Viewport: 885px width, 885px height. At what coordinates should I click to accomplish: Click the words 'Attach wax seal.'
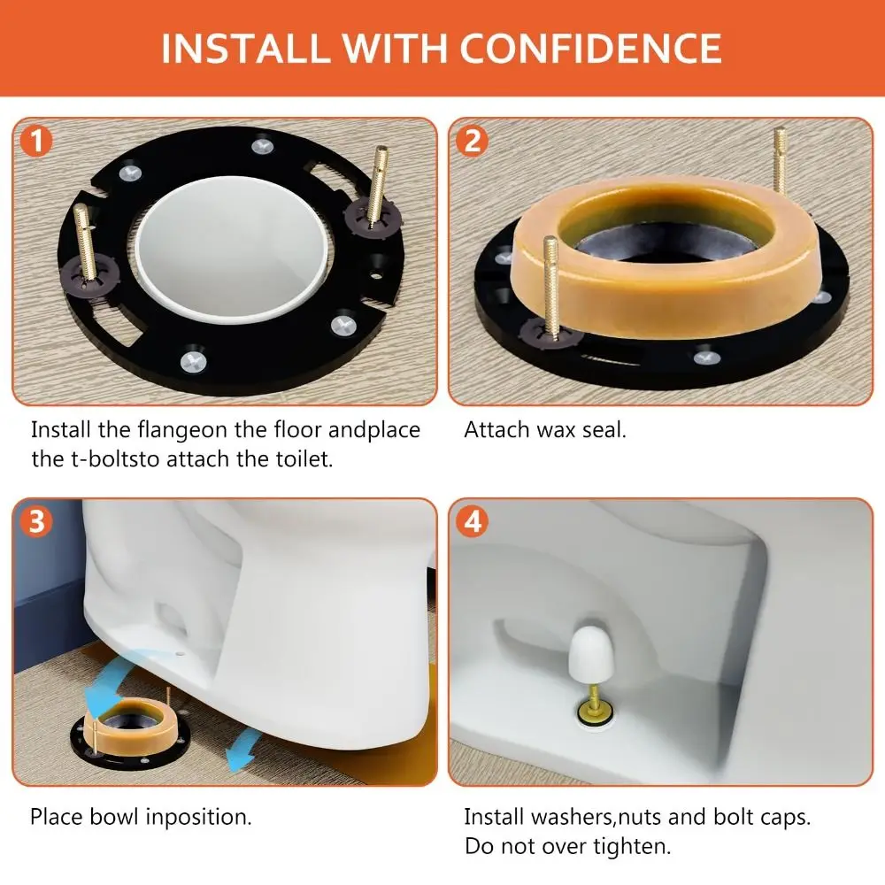pyautogui.click(x=545, y=431)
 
